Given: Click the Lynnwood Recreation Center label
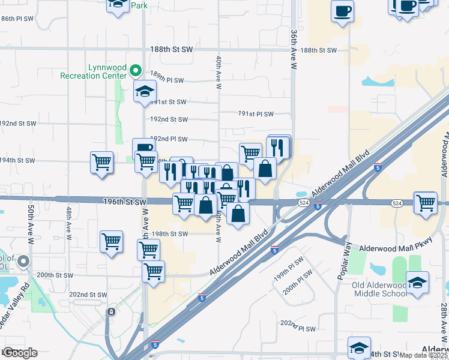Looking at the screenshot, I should (94, 71).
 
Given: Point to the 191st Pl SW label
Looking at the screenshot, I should (256, 114).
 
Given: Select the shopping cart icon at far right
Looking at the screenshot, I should (426, 202).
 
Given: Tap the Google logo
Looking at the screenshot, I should (20, 353).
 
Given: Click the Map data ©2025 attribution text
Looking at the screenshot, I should (424, 355).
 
